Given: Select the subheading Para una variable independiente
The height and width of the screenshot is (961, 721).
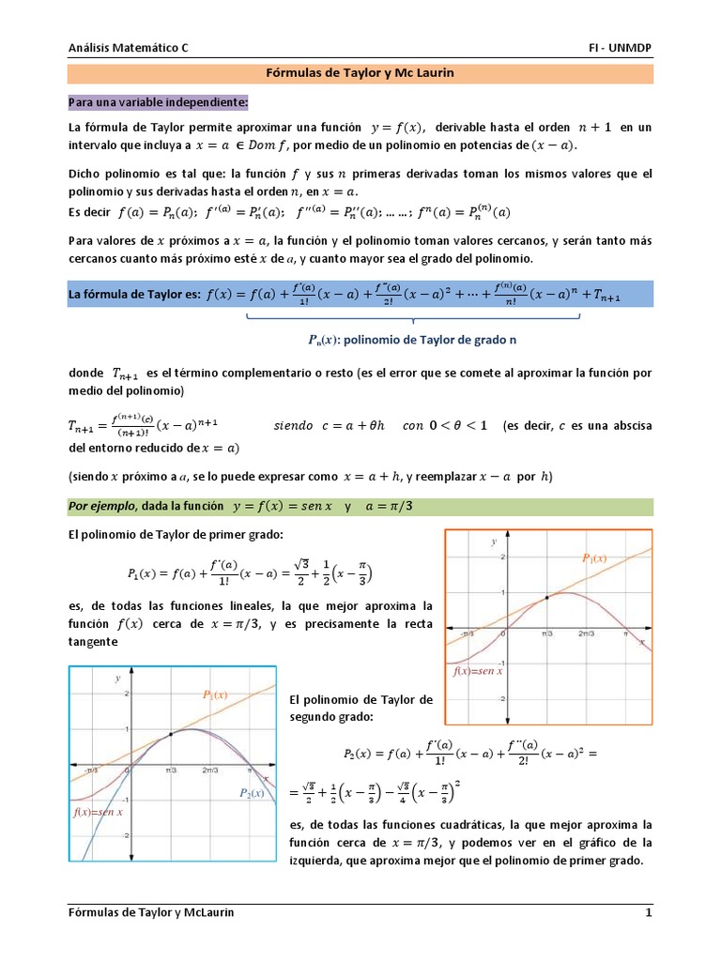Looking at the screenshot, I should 158,100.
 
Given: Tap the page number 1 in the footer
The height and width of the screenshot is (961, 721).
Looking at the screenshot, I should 648,912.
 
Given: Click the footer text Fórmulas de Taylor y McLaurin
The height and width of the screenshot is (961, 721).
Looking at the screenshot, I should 152,912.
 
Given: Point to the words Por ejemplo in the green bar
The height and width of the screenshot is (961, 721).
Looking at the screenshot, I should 102,507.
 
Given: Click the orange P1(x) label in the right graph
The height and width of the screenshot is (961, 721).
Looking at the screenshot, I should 594,558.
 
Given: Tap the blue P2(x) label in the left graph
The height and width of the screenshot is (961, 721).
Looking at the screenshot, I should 252,793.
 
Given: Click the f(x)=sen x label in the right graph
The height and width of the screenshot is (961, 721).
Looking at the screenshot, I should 477,672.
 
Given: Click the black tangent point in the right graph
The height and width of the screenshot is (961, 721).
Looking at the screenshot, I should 546,597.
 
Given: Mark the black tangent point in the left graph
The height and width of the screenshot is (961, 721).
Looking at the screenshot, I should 170,735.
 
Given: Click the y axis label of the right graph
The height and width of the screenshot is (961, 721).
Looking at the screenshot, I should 493,542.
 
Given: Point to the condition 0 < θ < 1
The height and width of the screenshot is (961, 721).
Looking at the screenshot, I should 458,425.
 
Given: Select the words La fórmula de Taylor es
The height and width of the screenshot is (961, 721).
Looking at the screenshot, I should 134,295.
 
